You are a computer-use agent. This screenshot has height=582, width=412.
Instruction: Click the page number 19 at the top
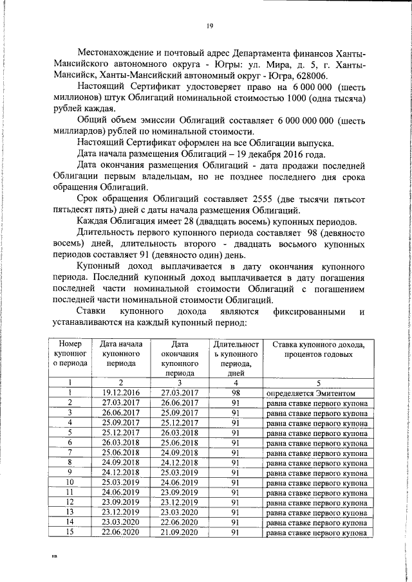pos(210,26)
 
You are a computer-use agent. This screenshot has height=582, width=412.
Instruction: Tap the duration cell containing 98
pos(236,392)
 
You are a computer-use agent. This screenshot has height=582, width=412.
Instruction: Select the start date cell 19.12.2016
pos(121,392)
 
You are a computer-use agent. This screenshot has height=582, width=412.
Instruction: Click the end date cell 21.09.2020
pos(176,532)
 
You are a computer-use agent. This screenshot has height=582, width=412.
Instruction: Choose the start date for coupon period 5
pos(121,433)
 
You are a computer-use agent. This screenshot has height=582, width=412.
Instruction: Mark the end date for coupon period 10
pos(176,482)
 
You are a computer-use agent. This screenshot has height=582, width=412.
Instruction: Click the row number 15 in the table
pos(69,532)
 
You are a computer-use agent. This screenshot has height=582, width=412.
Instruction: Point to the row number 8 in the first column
pos(69,462)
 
